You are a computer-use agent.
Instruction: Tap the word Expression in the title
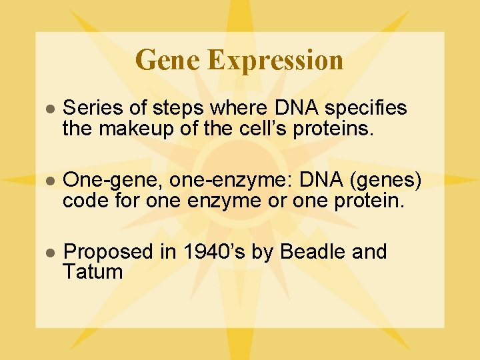tap(275, 61)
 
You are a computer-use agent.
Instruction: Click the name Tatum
tap(93, 271)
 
